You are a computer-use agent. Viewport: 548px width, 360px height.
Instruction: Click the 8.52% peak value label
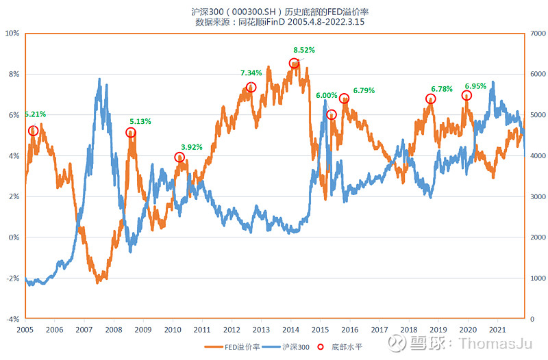(304, 50)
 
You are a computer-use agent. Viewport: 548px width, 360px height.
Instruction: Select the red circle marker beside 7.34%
(251, 87)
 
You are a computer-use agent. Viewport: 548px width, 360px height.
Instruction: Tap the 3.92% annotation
(192, 146)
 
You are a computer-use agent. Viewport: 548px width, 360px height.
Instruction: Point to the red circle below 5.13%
(131, 132)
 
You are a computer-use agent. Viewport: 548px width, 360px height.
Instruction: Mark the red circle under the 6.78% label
(431, 99)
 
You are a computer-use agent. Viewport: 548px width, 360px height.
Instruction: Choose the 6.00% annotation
(327, 95)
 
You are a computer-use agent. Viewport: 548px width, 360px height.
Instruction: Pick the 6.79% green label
(364, 90)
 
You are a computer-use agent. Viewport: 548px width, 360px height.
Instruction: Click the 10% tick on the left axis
(14, 33)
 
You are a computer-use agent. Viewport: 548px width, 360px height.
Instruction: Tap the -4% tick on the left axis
(14, 319)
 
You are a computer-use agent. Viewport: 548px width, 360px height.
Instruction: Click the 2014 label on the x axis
(290, 329)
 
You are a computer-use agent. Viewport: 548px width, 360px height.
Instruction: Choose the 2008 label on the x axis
(113, 329)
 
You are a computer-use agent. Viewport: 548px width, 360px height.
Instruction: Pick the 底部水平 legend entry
(343, 347)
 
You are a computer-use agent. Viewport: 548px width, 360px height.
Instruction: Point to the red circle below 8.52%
(294, 63)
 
